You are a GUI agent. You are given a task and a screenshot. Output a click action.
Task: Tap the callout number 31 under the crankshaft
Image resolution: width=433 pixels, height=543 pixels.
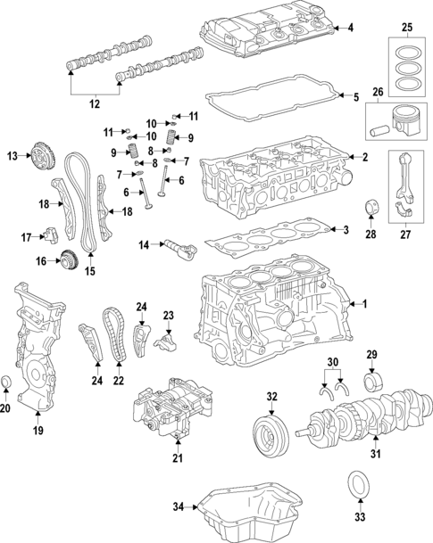[x=375, y=457]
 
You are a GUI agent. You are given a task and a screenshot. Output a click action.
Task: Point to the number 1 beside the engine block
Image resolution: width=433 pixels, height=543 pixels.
[x=364, y=304]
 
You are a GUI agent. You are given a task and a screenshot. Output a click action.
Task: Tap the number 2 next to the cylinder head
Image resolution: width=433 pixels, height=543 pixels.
[x=363, y=158]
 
